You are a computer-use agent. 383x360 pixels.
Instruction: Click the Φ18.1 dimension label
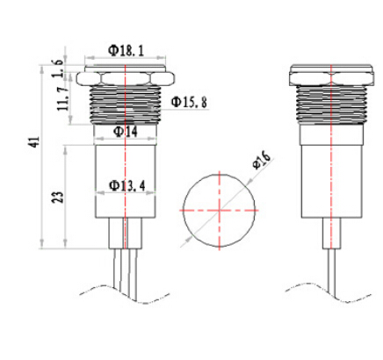(126, 51)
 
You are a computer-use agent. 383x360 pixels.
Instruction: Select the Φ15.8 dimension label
(189, 102)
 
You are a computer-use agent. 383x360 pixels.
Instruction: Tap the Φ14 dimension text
(126, 132)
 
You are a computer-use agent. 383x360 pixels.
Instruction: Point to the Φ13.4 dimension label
(126, 186)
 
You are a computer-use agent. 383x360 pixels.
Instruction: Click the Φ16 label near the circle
(262, 161)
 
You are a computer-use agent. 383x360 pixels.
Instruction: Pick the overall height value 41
(35, 142)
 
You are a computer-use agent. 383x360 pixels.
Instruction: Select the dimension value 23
(57, 198)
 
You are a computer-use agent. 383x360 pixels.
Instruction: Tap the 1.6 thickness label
(57, 68)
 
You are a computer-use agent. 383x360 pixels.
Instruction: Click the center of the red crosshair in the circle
(220, 210)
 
